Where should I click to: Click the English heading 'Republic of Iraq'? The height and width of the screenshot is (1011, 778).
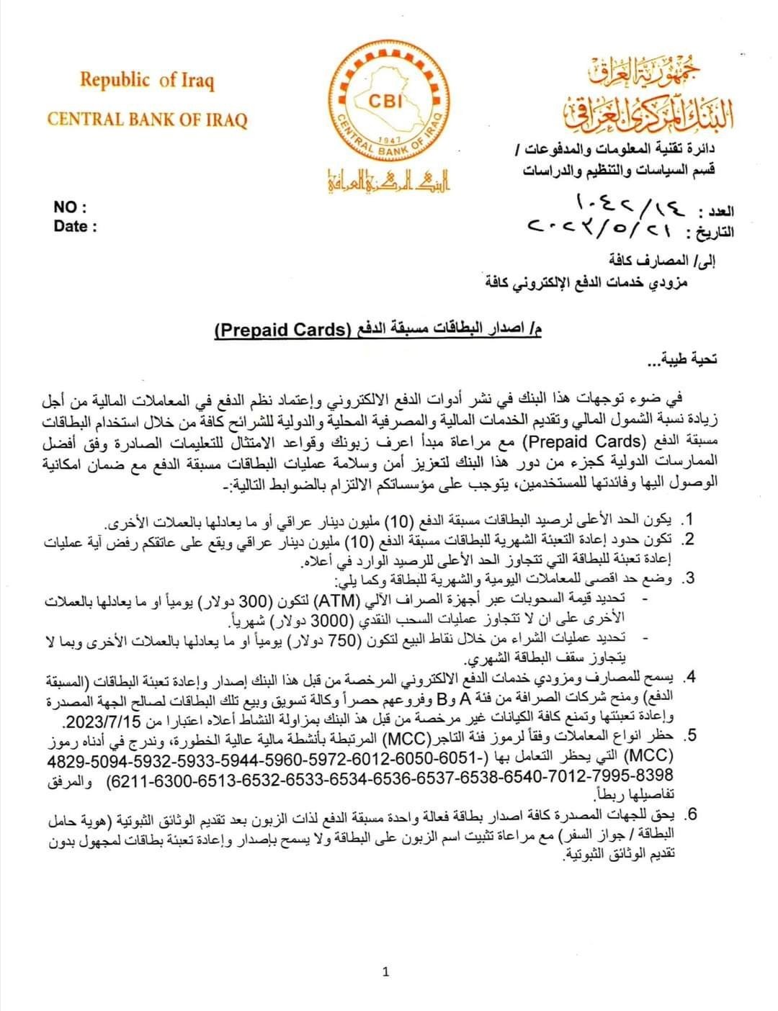(x=147, y=80)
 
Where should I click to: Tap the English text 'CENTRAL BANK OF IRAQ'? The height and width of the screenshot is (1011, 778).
(x=147, y=119)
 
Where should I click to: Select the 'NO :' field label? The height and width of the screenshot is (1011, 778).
(x=70, y=207)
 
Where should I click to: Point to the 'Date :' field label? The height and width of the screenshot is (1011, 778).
(x=75, y=227)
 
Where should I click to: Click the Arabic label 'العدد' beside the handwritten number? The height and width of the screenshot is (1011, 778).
(x=717, y=212)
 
